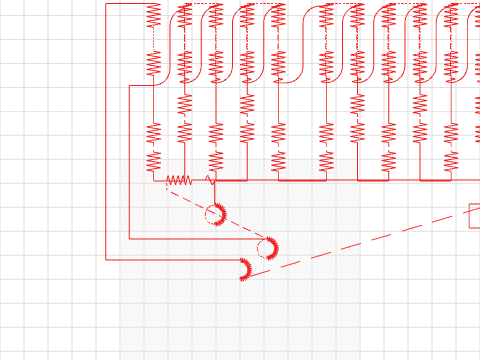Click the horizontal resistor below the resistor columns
coord(178,181)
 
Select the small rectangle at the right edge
coord(474,216)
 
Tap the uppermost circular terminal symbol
coord(214,213)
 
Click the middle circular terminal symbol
coord(266,247)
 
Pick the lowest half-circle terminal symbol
coord(244,268)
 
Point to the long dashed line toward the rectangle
coord(370,241)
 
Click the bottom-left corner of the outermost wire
coord(106,258)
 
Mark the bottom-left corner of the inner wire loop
coord(130,239)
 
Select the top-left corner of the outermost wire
coord(106,4)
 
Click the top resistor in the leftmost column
coord(153,15)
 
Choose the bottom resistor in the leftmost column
coord(153,160)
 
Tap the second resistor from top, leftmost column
coord(153,63)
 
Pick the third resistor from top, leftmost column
coord(153,133)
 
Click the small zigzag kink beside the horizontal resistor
coord(209,179)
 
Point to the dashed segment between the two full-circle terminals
coord(240,230)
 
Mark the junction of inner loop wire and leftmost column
coord(153,86)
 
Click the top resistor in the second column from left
coord(184,16)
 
